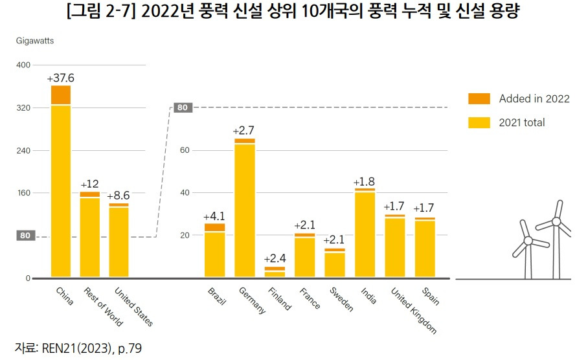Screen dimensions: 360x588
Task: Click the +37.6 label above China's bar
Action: (61, 78)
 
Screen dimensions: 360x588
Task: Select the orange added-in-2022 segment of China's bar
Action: (61, 95)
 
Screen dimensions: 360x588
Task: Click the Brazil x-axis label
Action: (216, 297)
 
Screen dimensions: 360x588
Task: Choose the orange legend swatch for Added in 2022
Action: (479, 98)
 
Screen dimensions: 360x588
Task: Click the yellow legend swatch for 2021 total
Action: (479, 122)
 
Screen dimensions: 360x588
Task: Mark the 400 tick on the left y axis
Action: (23, 65)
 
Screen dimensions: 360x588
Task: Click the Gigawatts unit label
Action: (35, 41)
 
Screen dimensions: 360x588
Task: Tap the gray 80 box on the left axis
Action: (25, 236)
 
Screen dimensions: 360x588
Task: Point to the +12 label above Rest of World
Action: (90, 184)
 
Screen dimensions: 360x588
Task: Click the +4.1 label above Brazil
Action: (214, 216)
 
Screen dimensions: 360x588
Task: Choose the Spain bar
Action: (425, 248)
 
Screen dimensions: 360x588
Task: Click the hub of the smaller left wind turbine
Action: (528, 240)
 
